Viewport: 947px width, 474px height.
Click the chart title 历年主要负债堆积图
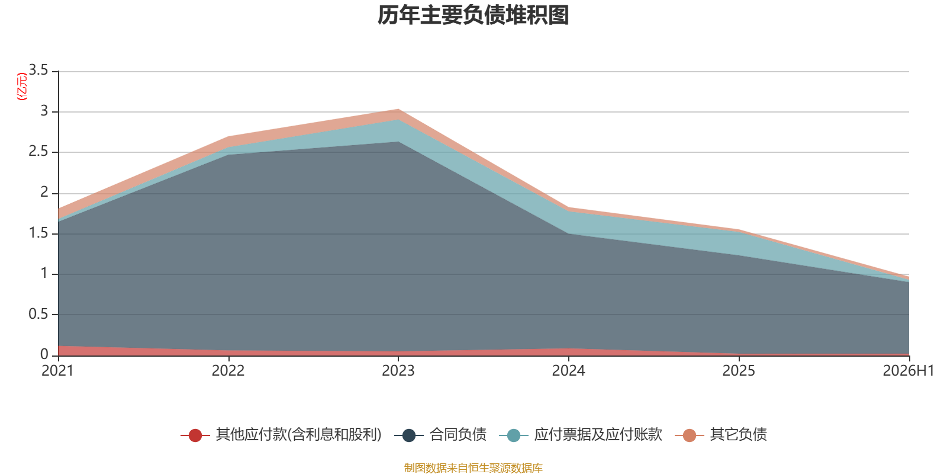click(473, 15)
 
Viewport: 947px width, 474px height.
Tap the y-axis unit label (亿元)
click(21, 87)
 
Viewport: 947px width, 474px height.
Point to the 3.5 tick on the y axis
click(38, 70)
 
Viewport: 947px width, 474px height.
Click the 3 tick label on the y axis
click(44, 111)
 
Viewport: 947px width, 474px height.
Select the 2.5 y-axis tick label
click(38, 151)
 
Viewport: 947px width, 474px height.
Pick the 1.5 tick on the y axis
click(38, 233)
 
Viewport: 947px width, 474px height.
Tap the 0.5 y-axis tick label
click(38, 314)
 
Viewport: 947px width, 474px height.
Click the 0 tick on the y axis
click(44, 354)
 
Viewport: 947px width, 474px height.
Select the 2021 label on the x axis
click(57, 371)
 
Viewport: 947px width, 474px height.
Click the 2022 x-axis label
click(228, 371)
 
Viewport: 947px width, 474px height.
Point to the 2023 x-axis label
click(398, 371)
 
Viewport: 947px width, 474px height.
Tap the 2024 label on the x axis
click(569, 371)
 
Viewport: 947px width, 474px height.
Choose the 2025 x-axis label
click(739, 371)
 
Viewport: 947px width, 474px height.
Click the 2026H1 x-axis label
click(908, 371)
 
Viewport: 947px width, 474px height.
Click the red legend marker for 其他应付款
click(195, 435)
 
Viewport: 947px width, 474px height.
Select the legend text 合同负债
click(458, 435)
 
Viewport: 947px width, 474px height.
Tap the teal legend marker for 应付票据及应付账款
click(513, 435)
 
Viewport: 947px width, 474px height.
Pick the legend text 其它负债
click(738, 435)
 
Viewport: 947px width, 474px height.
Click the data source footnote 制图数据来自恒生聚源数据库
click(473, 467)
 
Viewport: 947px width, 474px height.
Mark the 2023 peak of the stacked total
click(398, 109)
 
